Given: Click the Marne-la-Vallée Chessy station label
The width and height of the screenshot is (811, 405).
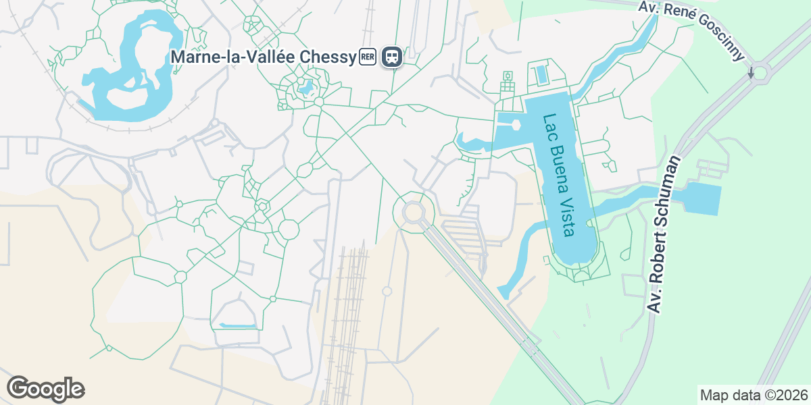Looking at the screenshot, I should click(x=263, y=57).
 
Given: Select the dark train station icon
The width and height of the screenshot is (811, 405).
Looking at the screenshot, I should click(x=392, y=57).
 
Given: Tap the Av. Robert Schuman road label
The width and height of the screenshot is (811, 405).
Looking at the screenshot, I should click(x=664, y=234).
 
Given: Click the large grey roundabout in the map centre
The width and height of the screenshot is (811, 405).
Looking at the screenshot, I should click(x=414, y=213).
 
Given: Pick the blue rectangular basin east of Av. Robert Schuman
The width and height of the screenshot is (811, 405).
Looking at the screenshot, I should click(x=704, y=198).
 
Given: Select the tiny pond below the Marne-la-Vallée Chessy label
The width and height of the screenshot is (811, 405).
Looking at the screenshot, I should click(x=305, y=87).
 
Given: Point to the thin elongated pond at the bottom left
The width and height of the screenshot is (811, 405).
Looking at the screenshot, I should click(x=238, y=326).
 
